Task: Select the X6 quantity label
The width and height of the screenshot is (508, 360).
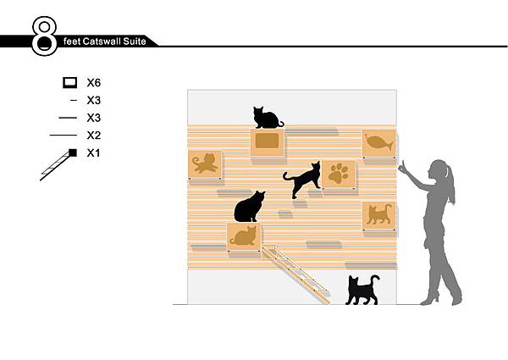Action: click(94, 83)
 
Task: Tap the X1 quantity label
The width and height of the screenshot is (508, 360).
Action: click(94, 153)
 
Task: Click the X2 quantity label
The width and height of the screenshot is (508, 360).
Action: click(94, 136)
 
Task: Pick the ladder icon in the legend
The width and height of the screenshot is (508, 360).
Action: click(58, 164)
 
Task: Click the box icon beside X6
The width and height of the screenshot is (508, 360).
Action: click(70, 83)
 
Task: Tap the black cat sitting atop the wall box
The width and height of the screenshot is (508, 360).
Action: click(268, 118)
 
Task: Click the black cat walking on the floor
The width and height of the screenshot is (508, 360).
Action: click(362, 290)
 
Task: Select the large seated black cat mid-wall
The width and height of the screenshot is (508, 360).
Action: click(249, 207)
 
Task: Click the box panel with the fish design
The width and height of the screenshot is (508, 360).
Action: click(379, 144)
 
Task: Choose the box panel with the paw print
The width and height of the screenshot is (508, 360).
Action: click(339, 174)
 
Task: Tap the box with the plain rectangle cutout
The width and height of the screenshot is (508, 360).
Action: click(268, 142)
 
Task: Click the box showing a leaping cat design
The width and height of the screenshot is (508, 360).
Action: click(205, 164)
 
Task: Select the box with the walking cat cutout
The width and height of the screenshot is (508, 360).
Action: click(379, 216)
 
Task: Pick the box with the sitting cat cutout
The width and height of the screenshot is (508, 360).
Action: click(243, 237)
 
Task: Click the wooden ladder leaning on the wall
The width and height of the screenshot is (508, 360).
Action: click(295, 274)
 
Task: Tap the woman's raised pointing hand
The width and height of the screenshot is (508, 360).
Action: click(403, 168)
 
